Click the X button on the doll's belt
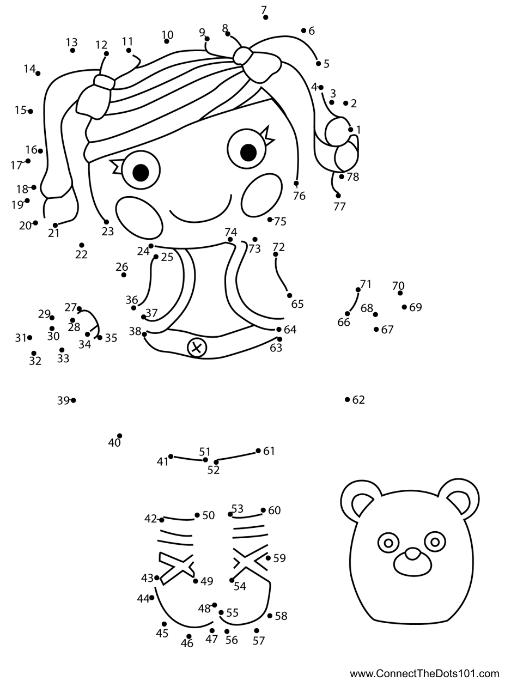click(197, 348)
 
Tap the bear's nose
click(412, 554)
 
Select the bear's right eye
click(435, 542)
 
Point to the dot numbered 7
click(265, 17)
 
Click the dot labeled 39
click(74, 400)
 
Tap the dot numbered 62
click(347, 399)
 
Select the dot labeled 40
click(120, 436)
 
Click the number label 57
click(258, 641)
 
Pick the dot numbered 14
click(38, 74)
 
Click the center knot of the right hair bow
click(243, 56)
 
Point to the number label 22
click(81, 254)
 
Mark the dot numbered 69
click(404, 307)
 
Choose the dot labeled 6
click(303, 31)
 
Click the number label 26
click(122, 267)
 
